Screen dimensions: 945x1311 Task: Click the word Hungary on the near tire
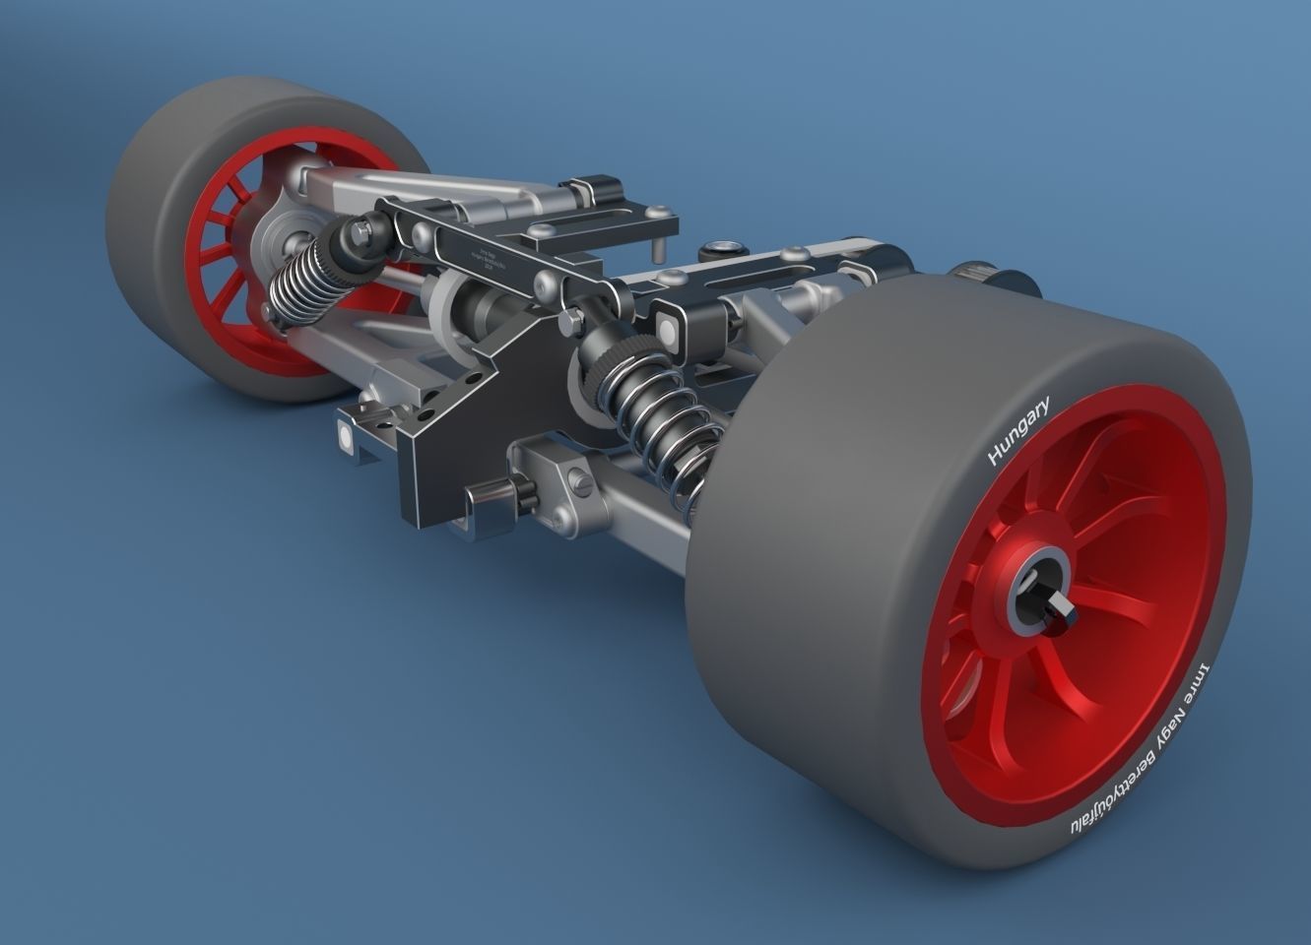pyautogui.click(x=1018, y=430)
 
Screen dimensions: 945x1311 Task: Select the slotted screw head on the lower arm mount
pyautogui.click(x=581, y=482)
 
